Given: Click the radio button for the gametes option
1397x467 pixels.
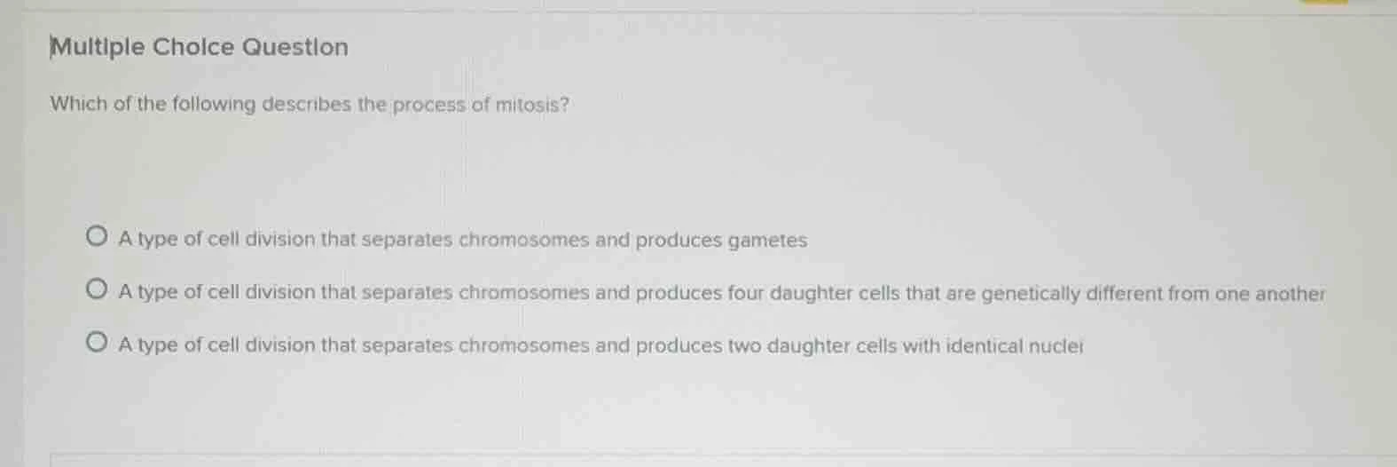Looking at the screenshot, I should click(97, 237).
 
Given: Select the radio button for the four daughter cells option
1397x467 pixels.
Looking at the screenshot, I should click(97, 289).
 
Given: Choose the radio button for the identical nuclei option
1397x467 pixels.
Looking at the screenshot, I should click(97, 343).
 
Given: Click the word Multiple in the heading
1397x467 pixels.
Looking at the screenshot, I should click(98, 47).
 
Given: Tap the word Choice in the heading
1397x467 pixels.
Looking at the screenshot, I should click(193, 47).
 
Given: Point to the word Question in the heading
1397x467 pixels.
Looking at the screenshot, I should click(295, 47).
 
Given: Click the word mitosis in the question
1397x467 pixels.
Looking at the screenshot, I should click(531, 105).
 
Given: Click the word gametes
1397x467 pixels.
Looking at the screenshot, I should click(767, 241).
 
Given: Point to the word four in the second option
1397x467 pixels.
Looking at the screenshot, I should click(746, 293).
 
